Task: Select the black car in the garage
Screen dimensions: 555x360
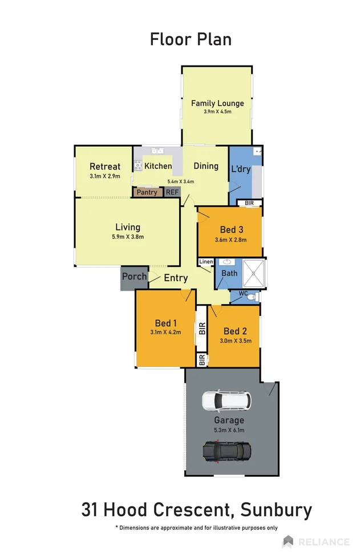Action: pos(226,451)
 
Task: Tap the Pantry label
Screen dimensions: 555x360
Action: pos(147,193)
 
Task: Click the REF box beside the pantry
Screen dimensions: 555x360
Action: pos(172,193)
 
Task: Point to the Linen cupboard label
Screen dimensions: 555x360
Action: pos(205,262)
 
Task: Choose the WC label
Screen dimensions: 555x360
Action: pos(243,294)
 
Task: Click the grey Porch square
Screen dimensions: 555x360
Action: pos(134,278)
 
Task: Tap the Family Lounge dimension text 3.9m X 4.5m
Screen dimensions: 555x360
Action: pos(217,112)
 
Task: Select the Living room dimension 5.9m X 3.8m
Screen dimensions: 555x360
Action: pos(128,237)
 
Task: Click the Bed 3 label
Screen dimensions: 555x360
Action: pos(232,230)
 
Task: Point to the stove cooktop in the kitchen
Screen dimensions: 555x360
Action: pos(137,166)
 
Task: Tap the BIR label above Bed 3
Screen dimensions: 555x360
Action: pos(249,203)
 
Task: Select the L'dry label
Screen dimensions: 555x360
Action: pos(241,169)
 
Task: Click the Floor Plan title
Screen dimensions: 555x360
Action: pos(191,39)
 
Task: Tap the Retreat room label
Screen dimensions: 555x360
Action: pos(105,167)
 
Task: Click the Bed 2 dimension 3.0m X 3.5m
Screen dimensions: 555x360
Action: pos(235,341)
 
